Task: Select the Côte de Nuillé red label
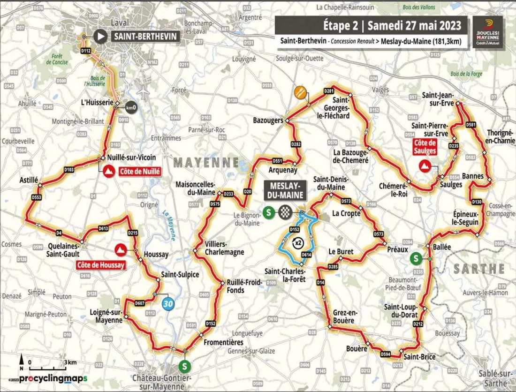(x=140, y=172)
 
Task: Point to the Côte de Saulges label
(x=425, y=147)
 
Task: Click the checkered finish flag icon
(x=283, y=212)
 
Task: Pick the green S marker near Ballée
(x=415, y=258)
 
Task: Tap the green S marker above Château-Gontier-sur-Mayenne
(x=186, y=365)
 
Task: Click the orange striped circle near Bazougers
(x=301, y=92)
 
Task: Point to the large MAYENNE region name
(x=206, y=163)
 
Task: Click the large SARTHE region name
(x=478, y=269)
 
